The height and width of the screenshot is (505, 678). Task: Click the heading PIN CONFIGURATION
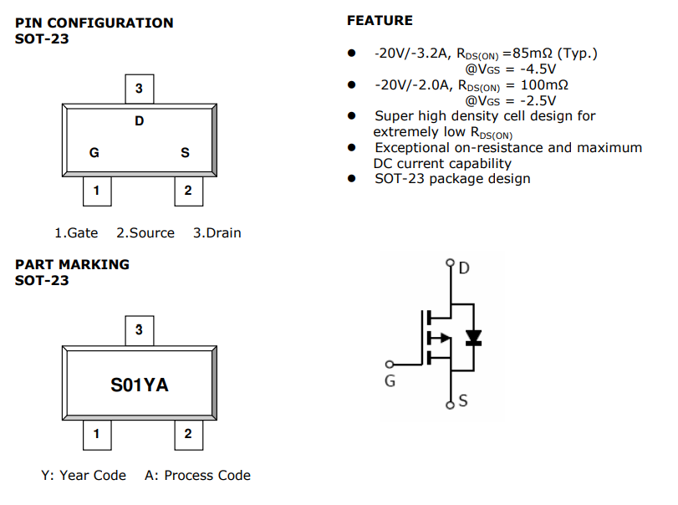(94, 23)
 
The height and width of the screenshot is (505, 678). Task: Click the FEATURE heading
(380, 20)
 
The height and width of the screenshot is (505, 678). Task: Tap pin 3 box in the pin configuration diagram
(139, 89)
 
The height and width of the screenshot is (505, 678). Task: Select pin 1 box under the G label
(96, 191)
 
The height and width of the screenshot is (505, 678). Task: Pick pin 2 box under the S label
(188, 191)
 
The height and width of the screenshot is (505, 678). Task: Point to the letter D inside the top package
(139, 122)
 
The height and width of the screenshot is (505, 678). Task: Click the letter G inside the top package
(94, 153)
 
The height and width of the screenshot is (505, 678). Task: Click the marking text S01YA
(140, 385)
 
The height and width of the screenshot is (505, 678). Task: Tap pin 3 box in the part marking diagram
(139, 330)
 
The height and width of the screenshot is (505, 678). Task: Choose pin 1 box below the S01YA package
(96, 433)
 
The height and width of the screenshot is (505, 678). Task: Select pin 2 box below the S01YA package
(188, 433)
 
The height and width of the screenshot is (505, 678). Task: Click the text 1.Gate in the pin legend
(76, 233)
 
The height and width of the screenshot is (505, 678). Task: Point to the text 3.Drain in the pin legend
(217, 233)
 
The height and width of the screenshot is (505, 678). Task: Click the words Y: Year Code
(84, 475)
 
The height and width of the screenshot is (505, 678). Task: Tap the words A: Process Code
(197, 475)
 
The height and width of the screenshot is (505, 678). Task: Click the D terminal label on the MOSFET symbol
(465, 268)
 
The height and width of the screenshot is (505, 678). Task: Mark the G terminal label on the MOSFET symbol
(390, 381)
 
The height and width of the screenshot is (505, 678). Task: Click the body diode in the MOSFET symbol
(473, 338)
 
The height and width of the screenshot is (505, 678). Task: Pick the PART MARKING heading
(72, 264)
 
